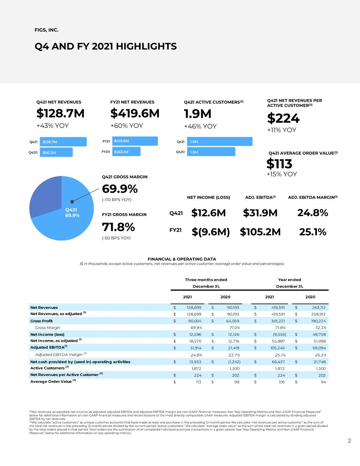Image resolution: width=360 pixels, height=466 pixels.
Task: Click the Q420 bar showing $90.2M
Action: (x=56, y=152)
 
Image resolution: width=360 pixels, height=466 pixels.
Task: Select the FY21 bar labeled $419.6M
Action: (x=135, y=141)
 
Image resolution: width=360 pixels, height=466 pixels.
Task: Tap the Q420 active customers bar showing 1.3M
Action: (x=211, y=152)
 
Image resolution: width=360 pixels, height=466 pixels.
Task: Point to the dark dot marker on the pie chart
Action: (x=72, y=201)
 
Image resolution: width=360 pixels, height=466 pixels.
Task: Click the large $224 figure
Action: (x=283, y=118)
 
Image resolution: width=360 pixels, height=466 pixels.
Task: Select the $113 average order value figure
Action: (x=279, y=164)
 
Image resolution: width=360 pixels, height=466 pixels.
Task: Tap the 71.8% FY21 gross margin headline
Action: (x=118, y=227)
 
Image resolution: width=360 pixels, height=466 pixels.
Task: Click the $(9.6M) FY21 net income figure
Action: (x=211, y=232)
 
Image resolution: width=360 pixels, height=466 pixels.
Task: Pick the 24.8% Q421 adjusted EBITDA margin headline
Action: (x=313, y=213)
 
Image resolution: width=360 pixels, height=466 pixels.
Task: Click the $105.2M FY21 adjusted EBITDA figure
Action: (x=260, y=232)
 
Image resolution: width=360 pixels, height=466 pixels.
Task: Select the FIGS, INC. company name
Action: (x=46, y=30)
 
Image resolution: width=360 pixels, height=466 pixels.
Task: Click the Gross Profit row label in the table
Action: (x=41, y=321)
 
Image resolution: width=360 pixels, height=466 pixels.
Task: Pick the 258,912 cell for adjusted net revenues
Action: (x=318, y=314)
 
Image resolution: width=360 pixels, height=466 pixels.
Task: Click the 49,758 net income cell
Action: (x=319, y=334)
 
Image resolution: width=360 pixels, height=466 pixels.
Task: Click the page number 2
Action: (x=349, y=441)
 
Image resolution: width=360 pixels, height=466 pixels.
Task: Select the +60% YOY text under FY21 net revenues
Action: (x=127, y=126)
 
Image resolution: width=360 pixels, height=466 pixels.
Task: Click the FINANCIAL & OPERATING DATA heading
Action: (x=182, y=259)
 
